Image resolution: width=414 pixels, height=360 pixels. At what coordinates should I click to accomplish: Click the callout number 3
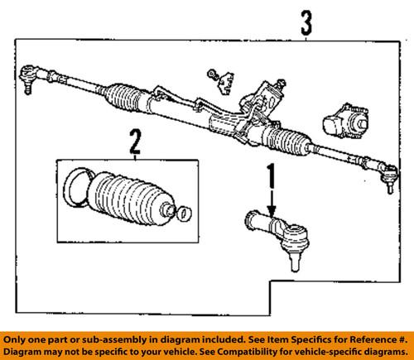pos(306,22)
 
